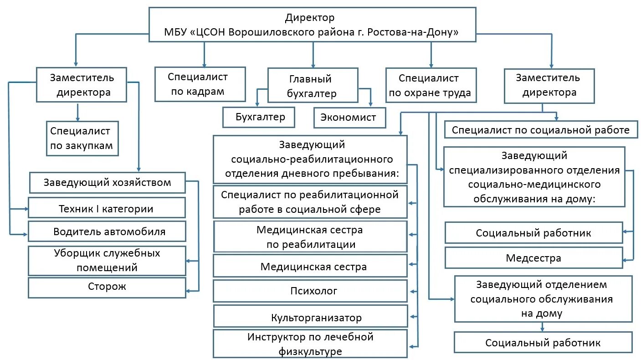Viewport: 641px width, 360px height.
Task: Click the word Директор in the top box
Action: [x=310, y=18]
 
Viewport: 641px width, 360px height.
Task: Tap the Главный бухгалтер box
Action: [x=313, y=86]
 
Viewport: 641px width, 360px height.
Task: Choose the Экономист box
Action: [x=349, y=118]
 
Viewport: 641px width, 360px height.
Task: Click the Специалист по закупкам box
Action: [x=82, y=139]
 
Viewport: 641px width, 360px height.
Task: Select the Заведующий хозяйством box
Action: [x=108, y=183]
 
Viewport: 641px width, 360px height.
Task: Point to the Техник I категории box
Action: [x=107, y=208]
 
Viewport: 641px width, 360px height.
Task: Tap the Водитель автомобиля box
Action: [x=107, y=231]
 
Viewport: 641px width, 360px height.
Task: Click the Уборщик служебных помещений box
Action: [x=107, y=260]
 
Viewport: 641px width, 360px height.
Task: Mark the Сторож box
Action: [x=107, y=287]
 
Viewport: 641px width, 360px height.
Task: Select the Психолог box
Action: [x=310, y=291]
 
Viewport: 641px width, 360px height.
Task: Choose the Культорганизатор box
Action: [x=310, y=317]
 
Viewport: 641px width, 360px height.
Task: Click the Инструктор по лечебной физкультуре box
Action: [x=310, y=344]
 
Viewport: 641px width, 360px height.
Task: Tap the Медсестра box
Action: [x=533, y=258]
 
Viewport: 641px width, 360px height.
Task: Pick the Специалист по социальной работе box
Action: [x=540, y=130]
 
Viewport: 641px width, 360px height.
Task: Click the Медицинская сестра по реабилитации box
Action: [x=310, y=237]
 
